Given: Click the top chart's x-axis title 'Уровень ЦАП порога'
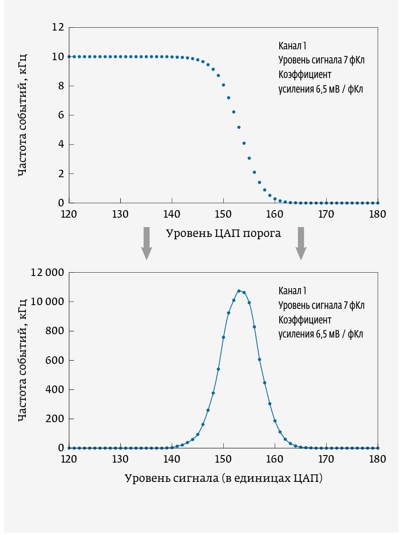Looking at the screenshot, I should click(x=223, y=233).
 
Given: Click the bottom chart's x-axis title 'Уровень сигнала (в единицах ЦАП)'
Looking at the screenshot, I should click(x=223, y=479).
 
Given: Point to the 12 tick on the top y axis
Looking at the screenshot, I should click(x=58, y=27).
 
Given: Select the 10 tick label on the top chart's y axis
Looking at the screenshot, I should click(x=58, y=57).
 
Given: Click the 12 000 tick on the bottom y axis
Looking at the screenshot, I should click(x=47, y=273).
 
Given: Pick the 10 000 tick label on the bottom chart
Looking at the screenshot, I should click(x=47, y=302).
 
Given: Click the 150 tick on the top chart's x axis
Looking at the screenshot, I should click(x=223, y=214).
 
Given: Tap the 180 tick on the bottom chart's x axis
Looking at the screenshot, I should click(x=377, y=459).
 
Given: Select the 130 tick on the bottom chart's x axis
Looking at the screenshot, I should click(x=121, y=459).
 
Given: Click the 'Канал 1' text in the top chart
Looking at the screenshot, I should click(x=292, y=46).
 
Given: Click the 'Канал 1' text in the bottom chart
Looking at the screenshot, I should click(x=292, y=291).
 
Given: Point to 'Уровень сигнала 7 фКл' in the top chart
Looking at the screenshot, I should click(x=321, y=60).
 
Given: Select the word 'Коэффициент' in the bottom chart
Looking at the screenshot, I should click(x=305, y=320).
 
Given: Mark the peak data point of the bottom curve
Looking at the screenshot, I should click(x=239, y=291).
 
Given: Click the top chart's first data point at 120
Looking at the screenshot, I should click(x=69, y=56).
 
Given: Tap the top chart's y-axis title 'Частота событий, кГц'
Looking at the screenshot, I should click(x=22, y=115).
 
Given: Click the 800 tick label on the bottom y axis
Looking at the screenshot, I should click(x=54, y=331).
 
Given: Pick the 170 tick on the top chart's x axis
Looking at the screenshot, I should click(x=326, y=214).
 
